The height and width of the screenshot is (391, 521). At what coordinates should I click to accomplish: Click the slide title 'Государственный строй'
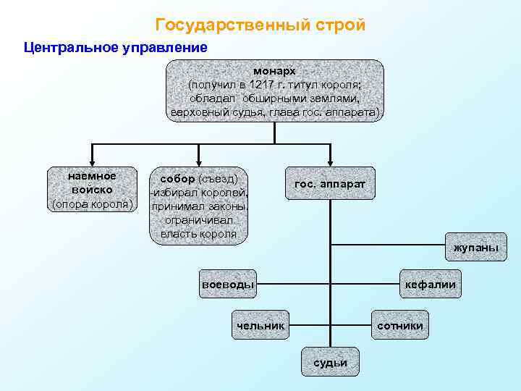260,25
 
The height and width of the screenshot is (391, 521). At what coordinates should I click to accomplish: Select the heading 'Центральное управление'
116,49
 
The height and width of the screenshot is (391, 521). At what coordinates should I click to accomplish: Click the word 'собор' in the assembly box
177,178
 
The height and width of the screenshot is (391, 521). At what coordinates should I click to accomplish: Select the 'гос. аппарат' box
330,184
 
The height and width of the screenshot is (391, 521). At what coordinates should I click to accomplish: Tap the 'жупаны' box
475,248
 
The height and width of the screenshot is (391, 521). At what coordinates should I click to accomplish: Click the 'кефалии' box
431,284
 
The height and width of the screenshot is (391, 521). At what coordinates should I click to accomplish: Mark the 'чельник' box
260,326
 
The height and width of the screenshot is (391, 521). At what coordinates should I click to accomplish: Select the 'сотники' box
399,326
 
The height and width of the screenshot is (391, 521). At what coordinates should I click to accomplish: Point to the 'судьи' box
330,361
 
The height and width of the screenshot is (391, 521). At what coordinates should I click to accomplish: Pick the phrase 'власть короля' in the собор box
198,233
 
